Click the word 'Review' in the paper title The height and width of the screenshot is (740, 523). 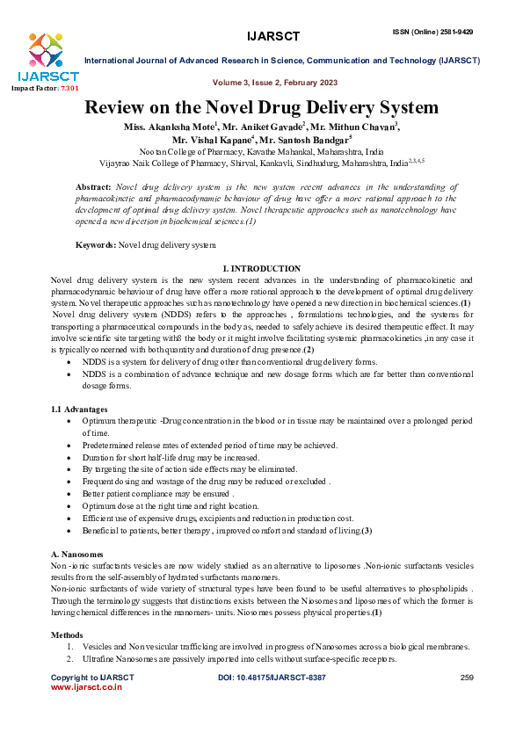(x=116, y=108)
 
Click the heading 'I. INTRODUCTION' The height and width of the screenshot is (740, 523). (x=262, y=268)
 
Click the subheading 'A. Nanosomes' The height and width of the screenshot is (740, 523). (x=76, y=555)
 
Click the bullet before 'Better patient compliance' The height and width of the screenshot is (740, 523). (x=70, y=495)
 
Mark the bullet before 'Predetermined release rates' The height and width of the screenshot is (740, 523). (x=70, y=446)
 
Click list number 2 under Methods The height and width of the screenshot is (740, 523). (x=70, y=658)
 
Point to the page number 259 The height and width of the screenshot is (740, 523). (x=467, y=678)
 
